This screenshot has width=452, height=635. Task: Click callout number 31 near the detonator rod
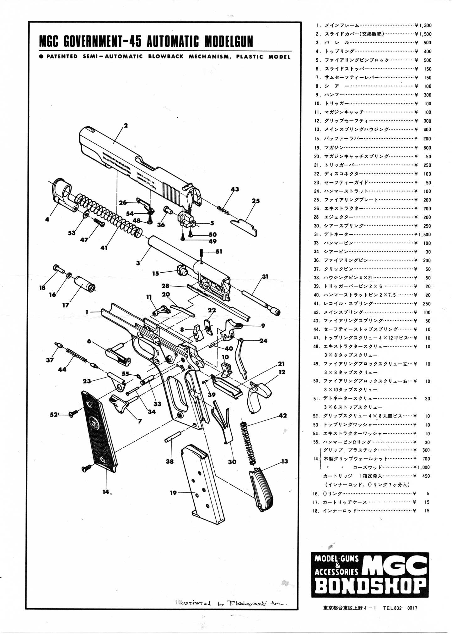[x=265, y=277]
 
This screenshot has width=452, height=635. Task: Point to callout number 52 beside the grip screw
[x=54, y=415]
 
